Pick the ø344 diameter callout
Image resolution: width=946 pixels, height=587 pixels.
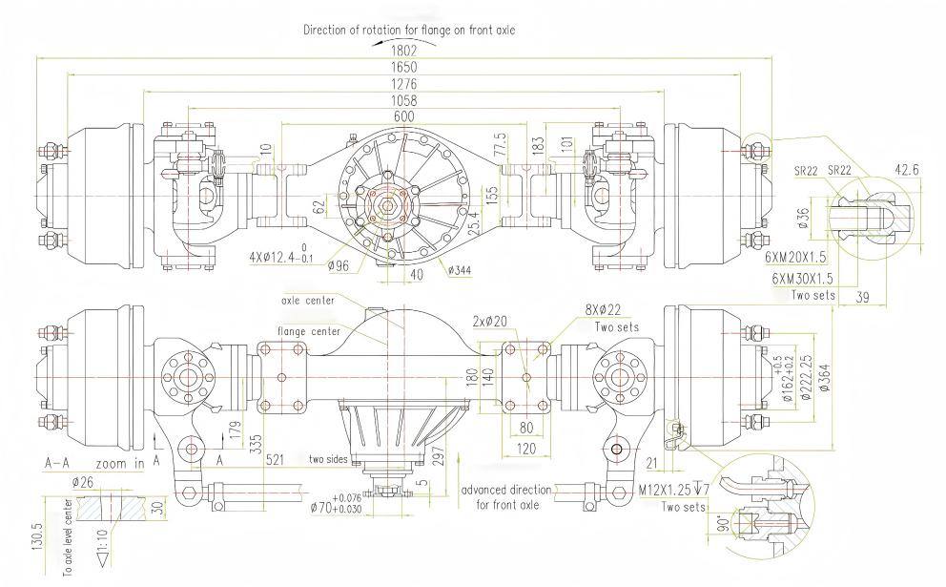point(460,270)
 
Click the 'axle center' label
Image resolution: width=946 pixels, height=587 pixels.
point(304,299)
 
